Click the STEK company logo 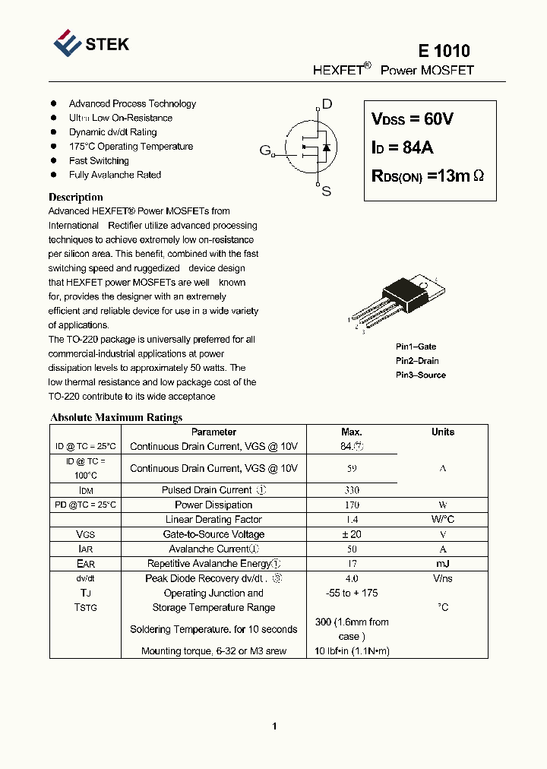point(91,43)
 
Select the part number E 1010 point(444,51)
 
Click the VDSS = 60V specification point(412,119)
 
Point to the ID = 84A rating point(402,147)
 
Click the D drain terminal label point(327,104)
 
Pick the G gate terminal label point(265,150)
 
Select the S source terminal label point(327,191)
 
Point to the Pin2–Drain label point(417,361)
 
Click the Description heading point(75,197)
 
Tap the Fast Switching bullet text point(99,161)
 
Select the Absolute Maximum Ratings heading point(116,417)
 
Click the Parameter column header point(213,432)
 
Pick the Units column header point(443,432)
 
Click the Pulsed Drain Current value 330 point(351,491)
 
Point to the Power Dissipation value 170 point(351,505)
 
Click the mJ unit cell point(443,564)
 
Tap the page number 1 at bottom point(274,726)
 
